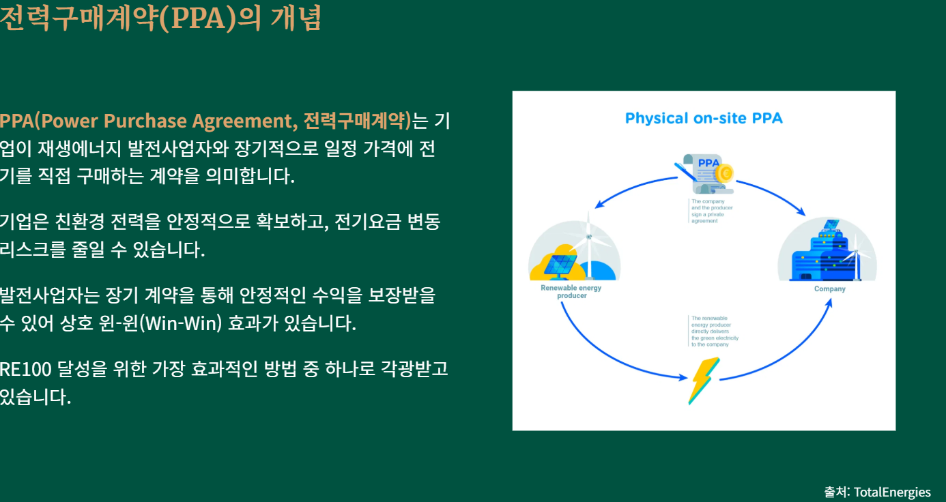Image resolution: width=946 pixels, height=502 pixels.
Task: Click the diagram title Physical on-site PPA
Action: (x=704, y=119)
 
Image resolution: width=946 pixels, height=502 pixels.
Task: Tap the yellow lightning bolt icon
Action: (x=703, y=381)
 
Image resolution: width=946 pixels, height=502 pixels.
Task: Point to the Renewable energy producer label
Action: (x=571, y=292)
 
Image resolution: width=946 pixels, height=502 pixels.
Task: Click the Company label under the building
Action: (x=829, y=289)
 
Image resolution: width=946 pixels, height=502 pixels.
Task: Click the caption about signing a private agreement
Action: (x=711, y=211)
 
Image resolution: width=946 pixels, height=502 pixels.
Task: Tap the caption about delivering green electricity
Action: (x=715, y=331)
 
